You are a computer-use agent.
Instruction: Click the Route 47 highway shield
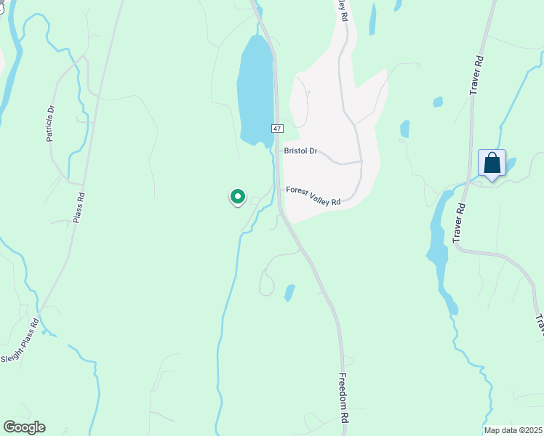click(x=277, y=128)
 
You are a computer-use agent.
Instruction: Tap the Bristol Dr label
click(x=301, y=151)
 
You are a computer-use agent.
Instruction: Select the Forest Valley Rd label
click(x=313, y=195)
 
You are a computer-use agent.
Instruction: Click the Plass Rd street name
click(x=80, y=206)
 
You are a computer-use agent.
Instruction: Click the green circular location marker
click(x=237, y=196)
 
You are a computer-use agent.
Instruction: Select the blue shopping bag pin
click(x=492, y=163)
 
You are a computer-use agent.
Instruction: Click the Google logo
click(x=24, y=427)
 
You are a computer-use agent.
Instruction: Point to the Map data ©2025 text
click(x=513, y=430)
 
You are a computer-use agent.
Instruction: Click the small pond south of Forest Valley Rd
click(x=289, y=292)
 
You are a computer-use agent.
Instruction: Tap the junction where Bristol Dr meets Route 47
click(x=279, y=151)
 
